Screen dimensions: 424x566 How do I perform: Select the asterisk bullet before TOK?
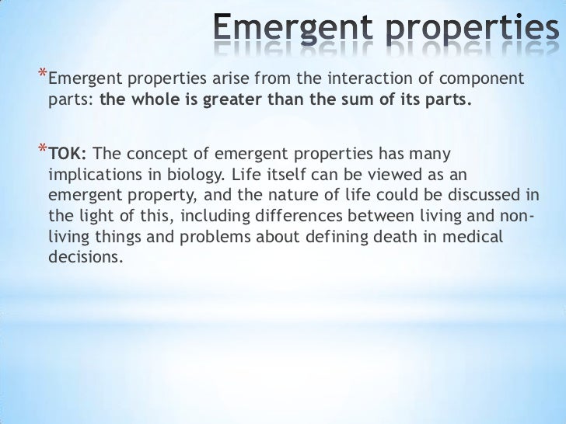pos(41,150)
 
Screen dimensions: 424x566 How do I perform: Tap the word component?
pos(482,80)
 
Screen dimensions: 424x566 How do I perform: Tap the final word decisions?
pos(86,258)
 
